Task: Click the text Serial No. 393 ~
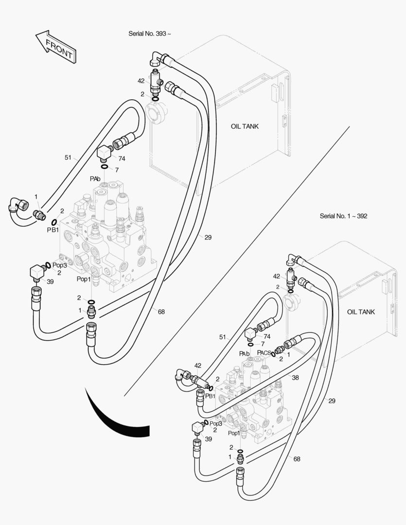150,34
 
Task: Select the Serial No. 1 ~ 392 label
343,216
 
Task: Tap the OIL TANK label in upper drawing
245,126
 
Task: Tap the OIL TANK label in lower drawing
361,312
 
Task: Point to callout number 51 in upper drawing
68,157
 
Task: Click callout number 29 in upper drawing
208,237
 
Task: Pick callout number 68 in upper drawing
161,312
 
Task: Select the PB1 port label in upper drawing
53,229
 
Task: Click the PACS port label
264,353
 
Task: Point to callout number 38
295,377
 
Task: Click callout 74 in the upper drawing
122,158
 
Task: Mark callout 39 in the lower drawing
208,438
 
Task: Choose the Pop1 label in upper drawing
84,279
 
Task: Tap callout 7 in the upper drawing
117,170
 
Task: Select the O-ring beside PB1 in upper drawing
55,223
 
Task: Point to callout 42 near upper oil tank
141,81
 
